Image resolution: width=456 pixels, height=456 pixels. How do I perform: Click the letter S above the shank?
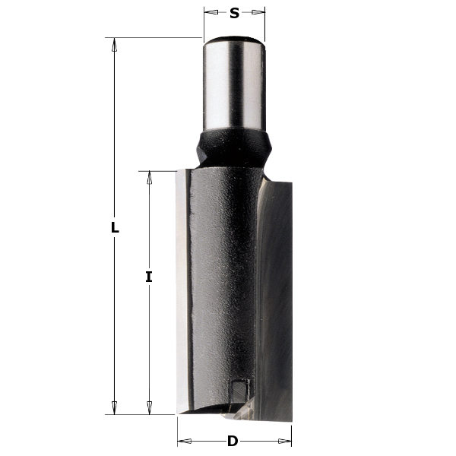click(x=234, y=13)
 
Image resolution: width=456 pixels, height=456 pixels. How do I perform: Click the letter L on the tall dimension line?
click(x=115, y=227)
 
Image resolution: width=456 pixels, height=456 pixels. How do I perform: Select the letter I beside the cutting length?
click(x=149, y=277)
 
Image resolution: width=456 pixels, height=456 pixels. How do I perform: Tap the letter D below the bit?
click(x=233, y=441)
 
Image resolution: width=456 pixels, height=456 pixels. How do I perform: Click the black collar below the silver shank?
click(x=233, y=144)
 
